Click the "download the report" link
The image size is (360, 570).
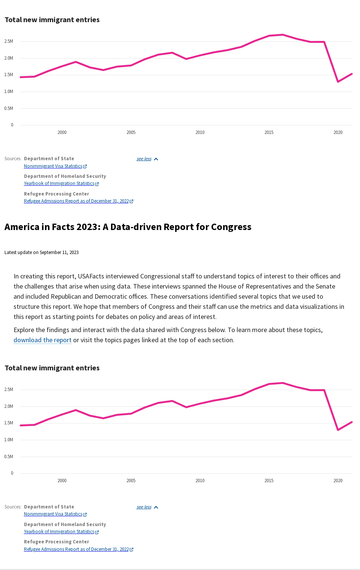pos(42,340)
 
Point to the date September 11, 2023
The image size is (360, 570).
pos(59,253)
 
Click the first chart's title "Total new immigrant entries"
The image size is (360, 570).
pos(52,20)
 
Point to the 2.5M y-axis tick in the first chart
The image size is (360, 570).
pos(9,41)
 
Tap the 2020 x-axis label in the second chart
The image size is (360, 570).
pos(338,481)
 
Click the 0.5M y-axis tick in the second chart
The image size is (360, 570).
pos(9,457)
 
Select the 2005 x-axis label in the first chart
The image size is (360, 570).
pos(131,132)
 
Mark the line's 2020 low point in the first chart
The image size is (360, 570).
pos(338,81)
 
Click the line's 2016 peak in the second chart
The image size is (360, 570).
pos(283,383)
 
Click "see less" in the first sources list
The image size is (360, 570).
pos(144,159)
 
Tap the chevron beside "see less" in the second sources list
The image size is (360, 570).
pos(156,507)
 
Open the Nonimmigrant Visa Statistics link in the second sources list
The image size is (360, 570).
pos(53,514)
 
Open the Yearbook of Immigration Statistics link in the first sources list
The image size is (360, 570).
pos(59,184)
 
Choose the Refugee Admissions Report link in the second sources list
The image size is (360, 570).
pos(76,549)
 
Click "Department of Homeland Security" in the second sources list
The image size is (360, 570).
pos(65,525)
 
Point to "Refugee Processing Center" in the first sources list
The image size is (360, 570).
pos(56,194)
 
